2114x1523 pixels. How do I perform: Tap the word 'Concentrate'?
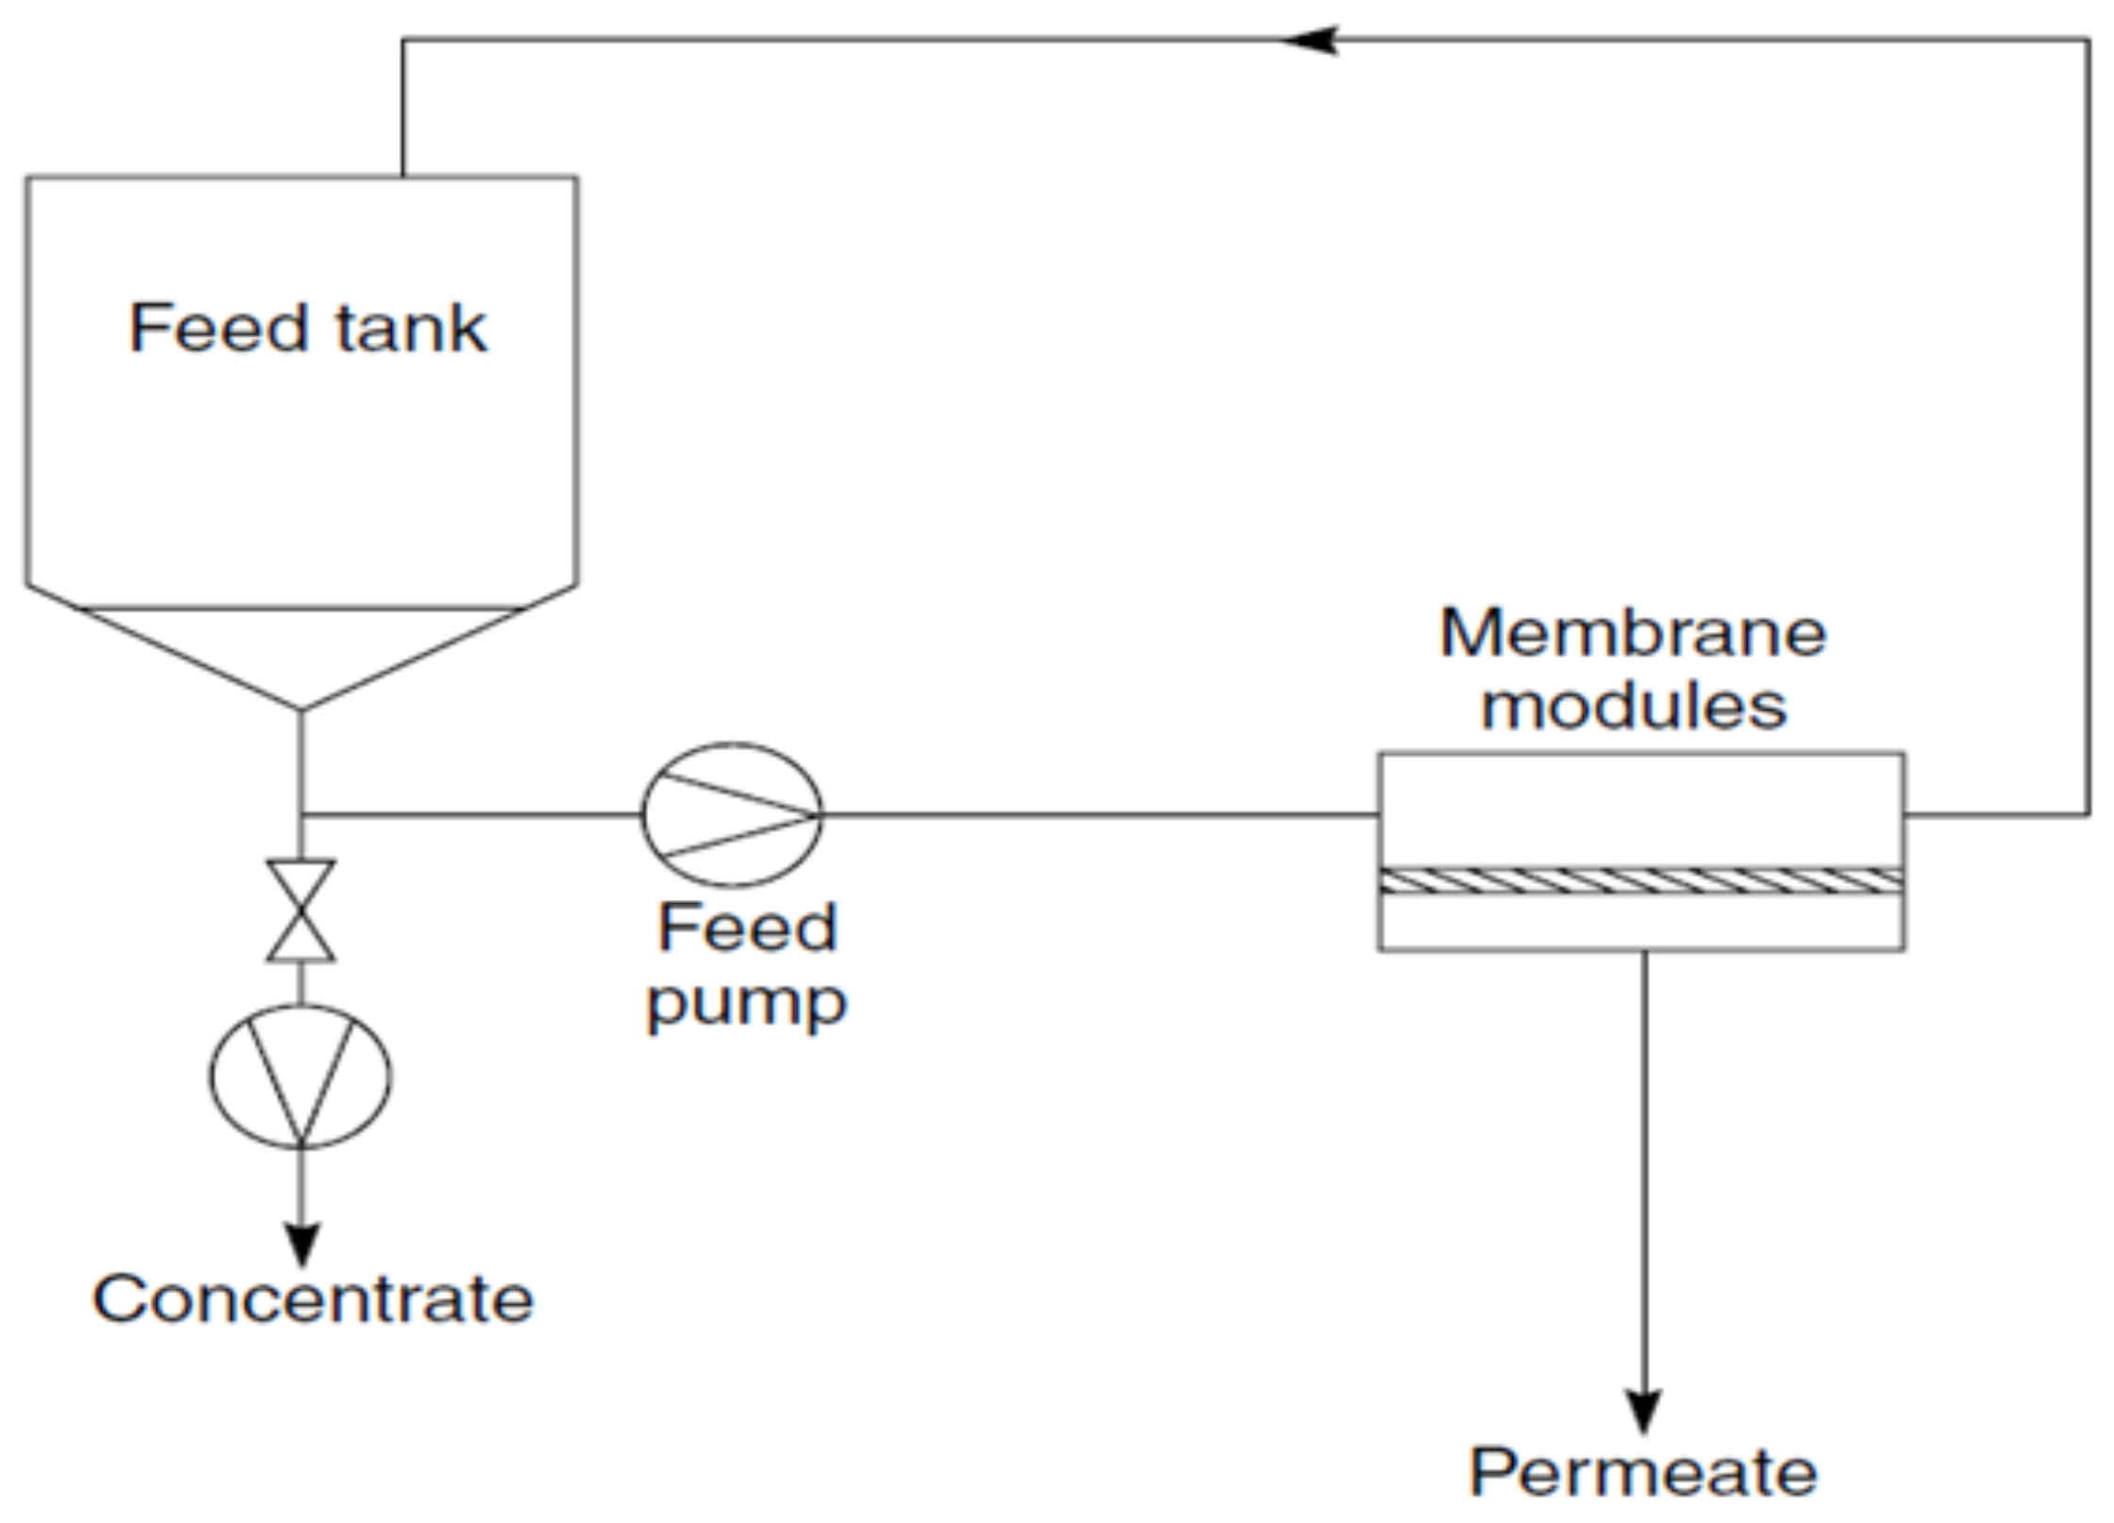pyautogui.click(x=313, y=1300)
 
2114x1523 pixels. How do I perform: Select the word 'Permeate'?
pyautogui.click(x=1643, y=1472)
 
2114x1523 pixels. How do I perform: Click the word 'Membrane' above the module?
pyautogui.click(x=1633, y=632)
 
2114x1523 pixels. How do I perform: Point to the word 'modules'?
pyautogui.click(x=1633, y=707)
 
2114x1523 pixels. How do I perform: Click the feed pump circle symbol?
pyautogui.click(x=731, y=814)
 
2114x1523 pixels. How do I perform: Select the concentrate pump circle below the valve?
pyautogui.click(x=301, y=1076)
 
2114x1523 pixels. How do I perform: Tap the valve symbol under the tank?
pyautogui.click(x=301, y=910)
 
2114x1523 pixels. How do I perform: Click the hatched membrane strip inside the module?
pyautogui.click(x=1640, y=881)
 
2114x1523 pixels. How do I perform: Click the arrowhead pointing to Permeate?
pyautogui.click(x=1644, y=1410)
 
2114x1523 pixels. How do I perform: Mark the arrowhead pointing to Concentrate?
pyautogui.click(x=301, y=1243)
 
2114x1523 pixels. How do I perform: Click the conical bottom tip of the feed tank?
pyautogui.click(x=301, y=708)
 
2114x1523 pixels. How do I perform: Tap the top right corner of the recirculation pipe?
pyautogui.click(x=2089, y=41)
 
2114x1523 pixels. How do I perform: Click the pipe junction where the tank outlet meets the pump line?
pyautogui.click(x=301, y=814)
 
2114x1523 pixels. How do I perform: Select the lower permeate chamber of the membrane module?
pyautogui.click(x=1640, y=921)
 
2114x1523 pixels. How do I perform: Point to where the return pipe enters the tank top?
pyautogui.click(x=403, y=176)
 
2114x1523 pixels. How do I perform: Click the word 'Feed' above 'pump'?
pyautogui.click(x=746, y=928)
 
